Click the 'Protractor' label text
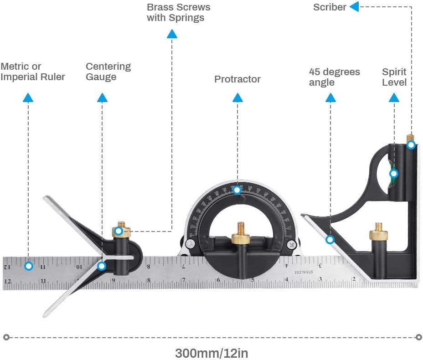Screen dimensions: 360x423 (x=237, y=79)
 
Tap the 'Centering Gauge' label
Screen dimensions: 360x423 (x=108, y=72)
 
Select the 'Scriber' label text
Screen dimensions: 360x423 (x=330, y=7)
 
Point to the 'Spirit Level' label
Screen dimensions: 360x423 (x=394, y=77)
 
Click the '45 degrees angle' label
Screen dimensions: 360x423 (x=334, y=77)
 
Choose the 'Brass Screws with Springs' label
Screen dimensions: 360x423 (x=178, y=13)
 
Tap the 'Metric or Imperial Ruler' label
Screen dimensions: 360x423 (x=32, y=72)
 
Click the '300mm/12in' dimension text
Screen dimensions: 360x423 (x=211, y=353)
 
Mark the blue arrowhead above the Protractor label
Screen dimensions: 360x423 (x=237, y=98)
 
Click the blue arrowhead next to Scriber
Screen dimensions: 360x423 (x=354, y=7)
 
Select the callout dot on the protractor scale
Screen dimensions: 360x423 (x=237, y=189)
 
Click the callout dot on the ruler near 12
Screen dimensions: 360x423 (x=29, y=266)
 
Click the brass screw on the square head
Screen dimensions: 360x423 (x=378, y=232)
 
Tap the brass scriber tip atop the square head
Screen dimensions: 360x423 (x=410, y=137)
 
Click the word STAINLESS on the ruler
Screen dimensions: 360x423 (x=303, y=272)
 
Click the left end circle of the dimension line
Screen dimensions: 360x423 (x=6, y=338)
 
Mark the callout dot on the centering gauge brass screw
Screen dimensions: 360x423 (x=118, y=231)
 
